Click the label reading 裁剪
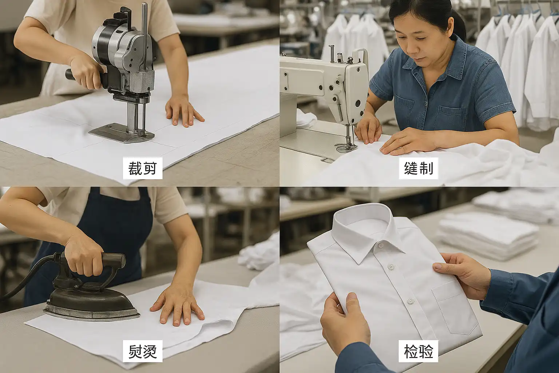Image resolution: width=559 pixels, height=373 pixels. coord(143,168)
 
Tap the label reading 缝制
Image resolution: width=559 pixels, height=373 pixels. coord(419,168)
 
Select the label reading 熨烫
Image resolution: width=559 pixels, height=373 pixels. coord(143,351)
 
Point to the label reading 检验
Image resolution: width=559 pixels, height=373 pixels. coord(419,351)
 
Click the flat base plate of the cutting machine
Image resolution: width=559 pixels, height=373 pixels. coord(122,133)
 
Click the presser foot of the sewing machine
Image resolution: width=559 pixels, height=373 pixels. coord(346,148)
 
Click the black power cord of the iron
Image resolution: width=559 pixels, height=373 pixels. coord(27,277)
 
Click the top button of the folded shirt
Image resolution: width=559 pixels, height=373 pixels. coord(381,246)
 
